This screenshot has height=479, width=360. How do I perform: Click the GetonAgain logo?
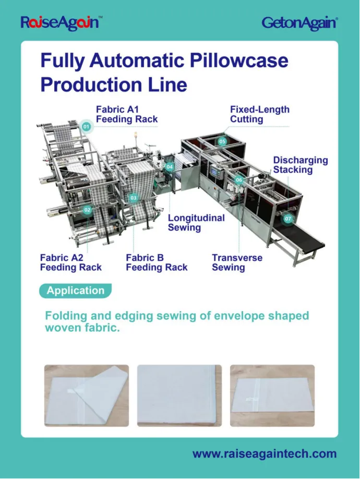[299, 22]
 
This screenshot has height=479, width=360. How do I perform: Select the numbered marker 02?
[87, 210]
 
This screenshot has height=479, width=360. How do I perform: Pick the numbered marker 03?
[134, 198]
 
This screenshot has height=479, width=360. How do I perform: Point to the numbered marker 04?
[170, 167]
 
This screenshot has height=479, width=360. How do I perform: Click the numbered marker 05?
[222, 141]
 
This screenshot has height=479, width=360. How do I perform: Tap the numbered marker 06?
[239, 180]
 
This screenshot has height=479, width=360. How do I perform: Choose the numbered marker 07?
[288, 219]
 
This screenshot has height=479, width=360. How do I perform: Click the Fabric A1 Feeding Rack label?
[126, 114]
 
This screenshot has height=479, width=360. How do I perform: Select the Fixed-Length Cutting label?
[259, 114]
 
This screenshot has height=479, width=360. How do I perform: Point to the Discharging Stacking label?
[301, 165]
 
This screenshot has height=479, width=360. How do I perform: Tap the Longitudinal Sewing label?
[196, 222]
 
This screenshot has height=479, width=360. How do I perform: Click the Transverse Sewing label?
[237, 262]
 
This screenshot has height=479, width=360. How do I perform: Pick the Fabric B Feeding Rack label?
[157, 262]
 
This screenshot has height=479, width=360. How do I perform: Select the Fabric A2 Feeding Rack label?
[70, 262]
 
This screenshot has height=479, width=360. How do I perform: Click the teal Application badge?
[75, 291]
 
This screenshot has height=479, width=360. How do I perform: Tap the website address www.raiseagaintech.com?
[265, 454]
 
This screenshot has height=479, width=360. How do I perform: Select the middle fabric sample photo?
[179, 396]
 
